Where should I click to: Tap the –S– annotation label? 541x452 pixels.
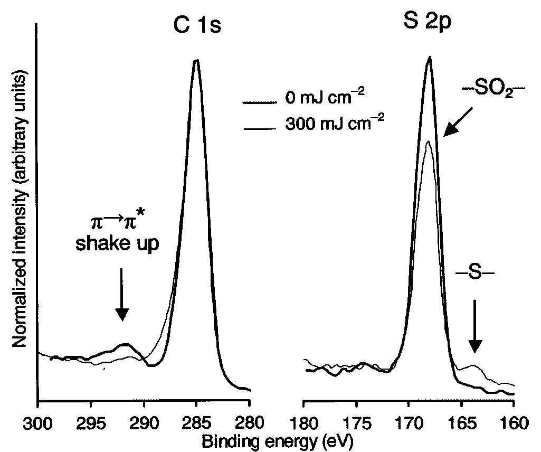pos(473,275)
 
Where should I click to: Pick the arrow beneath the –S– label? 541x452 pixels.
pos(474,326)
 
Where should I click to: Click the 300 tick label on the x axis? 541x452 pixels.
pos(37,423)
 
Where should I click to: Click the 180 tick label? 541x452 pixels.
pos(303,423)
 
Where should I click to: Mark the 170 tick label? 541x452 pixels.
pos(409,423)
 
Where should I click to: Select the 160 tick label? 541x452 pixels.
pos(514,423)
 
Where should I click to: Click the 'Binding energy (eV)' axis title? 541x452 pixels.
pos(276,439)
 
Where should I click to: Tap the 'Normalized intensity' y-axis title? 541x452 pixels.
pos(20,211)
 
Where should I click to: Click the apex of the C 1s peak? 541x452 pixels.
pos(196,61)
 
